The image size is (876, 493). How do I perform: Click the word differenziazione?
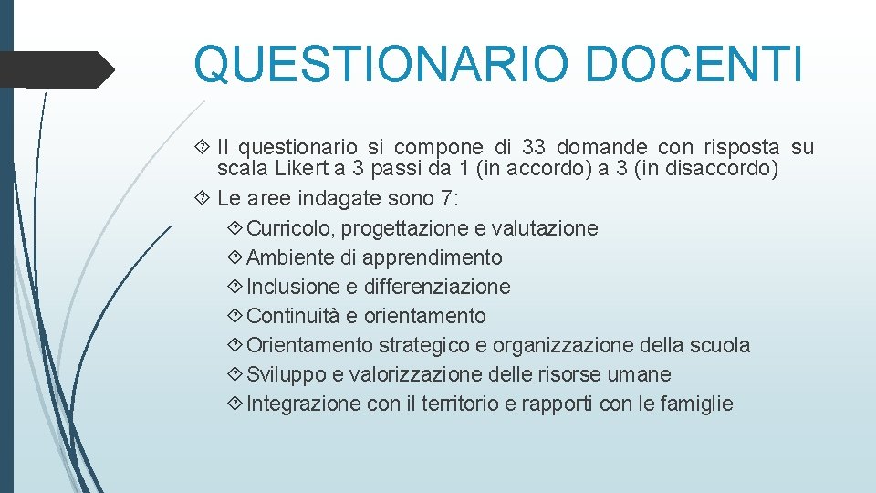point(437,287)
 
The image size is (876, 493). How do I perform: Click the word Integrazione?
point(304,404)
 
